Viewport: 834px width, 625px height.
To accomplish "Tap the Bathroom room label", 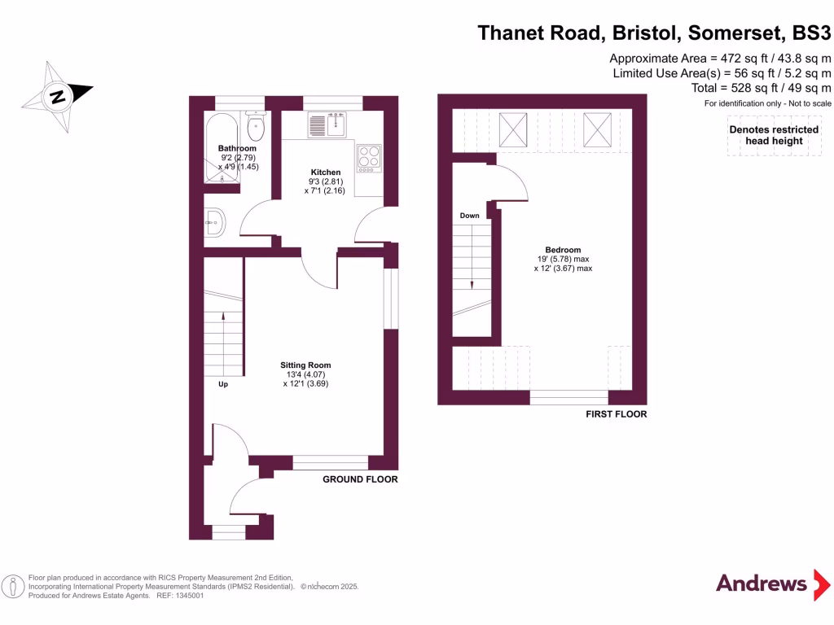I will click(x=237, y=148).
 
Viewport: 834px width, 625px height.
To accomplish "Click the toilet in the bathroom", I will click(x=257, y=126).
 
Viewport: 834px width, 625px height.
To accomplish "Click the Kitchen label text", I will click(x=325, y=173).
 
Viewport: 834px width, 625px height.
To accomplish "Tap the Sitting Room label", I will click(x=305, y=365).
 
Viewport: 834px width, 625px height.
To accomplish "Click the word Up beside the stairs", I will click(x=223, y=384).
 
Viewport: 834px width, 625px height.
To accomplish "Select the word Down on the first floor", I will click(x=469, y=216).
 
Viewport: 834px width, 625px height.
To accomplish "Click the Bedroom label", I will click(x=563, y=250).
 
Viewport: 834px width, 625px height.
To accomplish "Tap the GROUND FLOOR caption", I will click(x=360, y=479).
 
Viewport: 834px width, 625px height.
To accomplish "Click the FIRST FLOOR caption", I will click(x=617, y=414).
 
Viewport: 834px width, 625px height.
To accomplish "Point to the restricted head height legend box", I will click(x=773, y=136).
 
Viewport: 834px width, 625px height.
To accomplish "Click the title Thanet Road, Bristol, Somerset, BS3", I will click(x=654, y=33).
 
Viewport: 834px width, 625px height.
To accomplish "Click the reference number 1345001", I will click(x=186, y=596).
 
